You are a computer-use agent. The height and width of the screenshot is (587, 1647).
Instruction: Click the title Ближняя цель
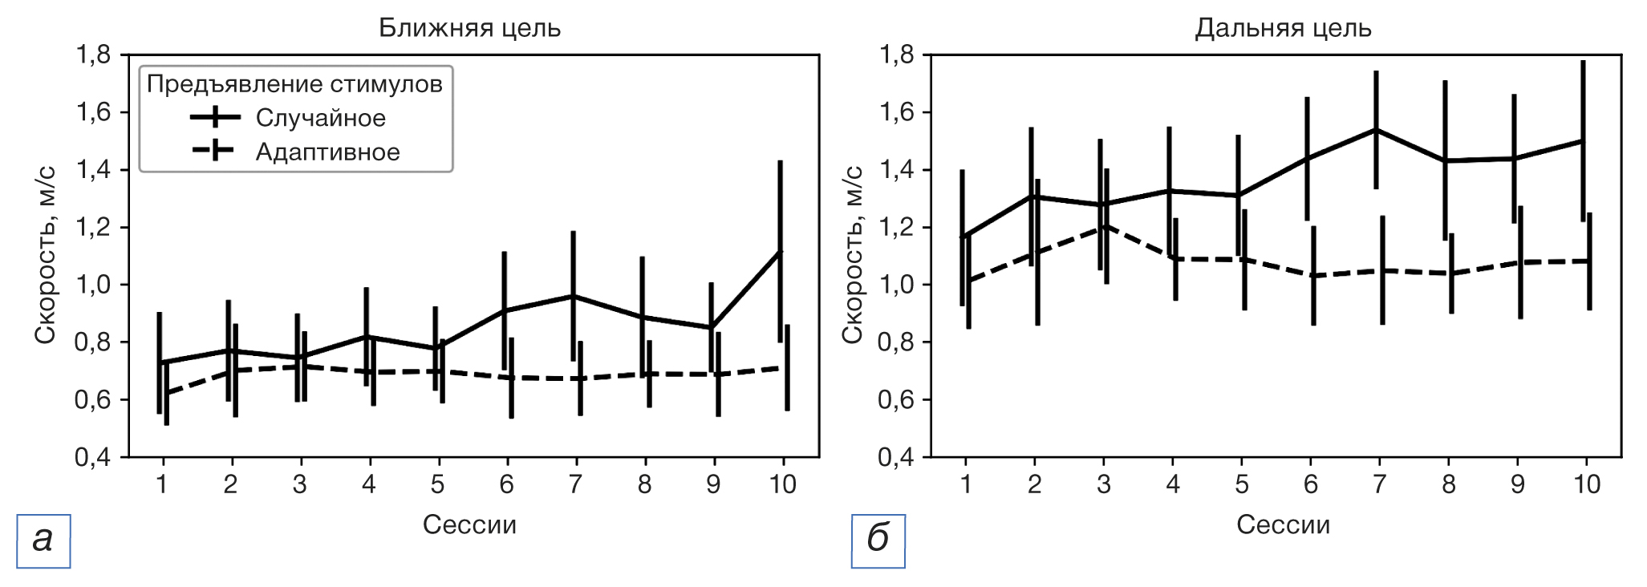469,29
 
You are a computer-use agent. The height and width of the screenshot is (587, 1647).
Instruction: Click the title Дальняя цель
1283,29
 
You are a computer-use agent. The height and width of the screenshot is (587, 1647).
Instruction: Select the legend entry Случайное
320,118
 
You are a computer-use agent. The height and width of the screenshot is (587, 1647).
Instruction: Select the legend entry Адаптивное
327,152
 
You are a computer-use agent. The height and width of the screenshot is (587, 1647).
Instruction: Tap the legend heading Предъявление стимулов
294,84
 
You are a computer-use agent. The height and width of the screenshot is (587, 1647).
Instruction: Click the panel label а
43,540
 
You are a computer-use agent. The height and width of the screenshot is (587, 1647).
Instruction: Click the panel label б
878,540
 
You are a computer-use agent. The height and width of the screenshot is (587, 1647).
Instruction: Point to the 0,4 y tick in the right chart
896,457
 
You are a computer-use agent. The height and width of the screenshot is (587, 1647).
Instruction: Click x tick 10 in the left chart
782,484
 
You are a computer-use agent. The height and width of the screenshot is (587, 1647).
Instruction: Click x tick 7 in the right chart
1379,484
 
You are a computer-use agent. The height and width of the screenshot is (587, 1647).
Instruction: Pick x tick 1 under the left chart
162,484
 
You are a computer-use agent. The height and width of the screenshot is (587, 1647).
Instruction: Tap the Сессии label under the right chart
1283,524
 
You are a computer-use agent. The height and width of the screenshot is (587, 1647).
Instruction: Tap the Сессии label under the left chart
469,524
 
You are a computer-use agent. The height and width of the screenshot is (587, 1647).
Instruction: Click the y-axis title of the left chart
45,255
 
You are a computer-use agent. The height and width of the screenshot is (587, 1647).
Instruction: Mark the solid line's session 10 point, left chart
780,252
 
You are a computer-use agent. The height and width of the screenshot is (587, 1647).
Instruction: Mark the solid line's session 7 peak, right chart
1376,130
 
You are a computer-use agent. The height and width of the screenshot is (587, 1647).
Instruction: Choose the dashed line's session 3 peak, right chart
1106,226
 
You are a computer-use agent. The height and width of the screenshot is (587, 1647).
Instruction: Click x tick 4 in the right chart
1173,484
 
